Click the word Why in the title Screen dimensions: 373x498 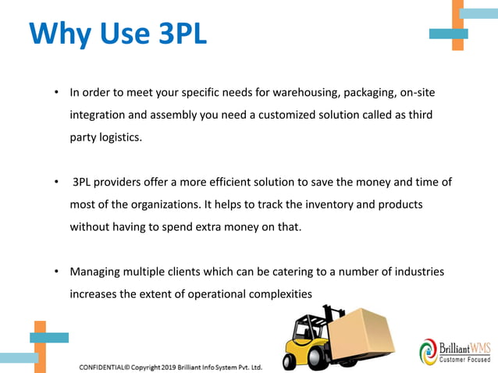pyautogui.click(x=60, y=34)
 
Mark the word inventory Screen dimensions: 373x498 pyautogui.click(x=315, y=205)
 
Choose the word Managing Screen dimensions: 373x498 pyautogui.click(x=94, y=272)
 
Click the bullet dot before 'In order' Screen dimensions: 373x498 pyautogui.click(x=56, y=94)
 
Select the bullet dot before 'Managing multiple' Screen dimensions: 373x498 pyautogui.click(x=56, y=272)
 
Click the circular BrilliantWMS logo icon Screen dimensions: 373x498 pyautogui.click(x=429, y=351)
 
